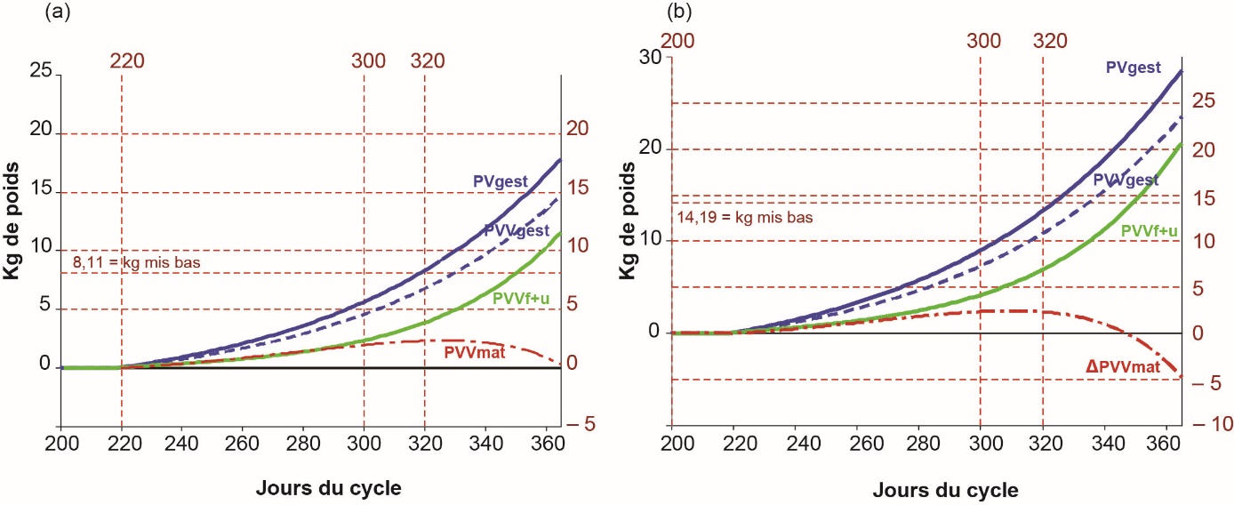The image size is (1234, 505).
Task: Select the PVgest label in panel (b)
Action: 1134,67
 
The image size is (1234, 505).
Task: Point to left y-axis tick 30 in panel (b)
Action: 652,56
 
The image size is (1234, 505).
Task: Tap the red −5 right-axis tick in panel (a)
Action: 580,425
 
